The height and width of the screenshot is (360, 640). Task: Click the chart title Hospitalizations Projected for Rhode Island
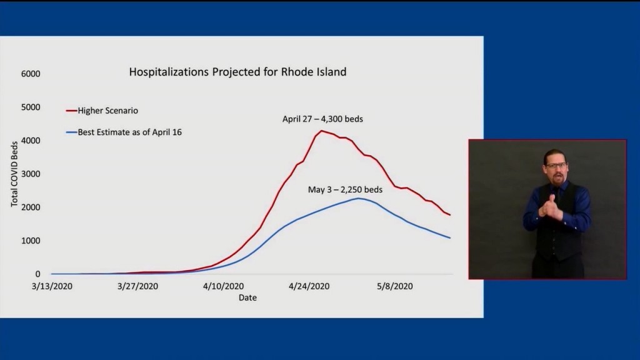[237, 72]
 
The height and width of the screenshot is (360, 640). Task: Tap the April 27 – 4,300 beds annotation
[322, 119]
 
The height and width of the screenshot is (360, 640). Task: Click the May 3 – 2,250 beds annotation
[345, 189]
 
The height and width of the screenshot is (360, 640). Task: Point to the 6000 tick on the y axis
[31, 74]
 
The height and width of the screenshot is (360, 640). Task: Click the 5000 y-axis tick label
[31, 107]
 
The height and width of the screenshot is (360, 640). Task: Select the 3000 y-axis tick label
[31, 174]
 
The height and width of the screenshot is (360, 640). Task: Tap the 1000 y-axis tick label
[31, 241]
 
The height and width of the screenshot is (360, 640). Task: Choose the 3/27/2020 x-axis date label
[138, 286]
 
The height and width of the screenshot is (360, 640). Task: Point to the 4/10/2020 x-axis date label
[224, 286]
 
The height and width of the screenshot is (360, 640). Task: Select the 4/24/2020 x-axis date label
[309, 286]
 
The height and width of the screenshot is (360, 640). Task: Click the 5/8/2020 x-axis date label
[395, 286]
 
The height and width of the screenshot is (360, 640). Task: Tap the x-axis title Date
[247, 297]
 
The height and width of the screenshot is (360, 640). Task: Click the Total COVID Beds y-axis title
[15, 174]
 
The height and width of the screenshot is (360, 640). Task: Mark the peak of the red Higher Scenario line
[321, 131]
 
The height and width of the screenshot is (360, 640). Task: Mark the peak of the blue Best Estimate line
[358, 198]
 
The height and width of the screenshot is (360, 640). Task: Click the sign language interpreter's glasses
[556, 166]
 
